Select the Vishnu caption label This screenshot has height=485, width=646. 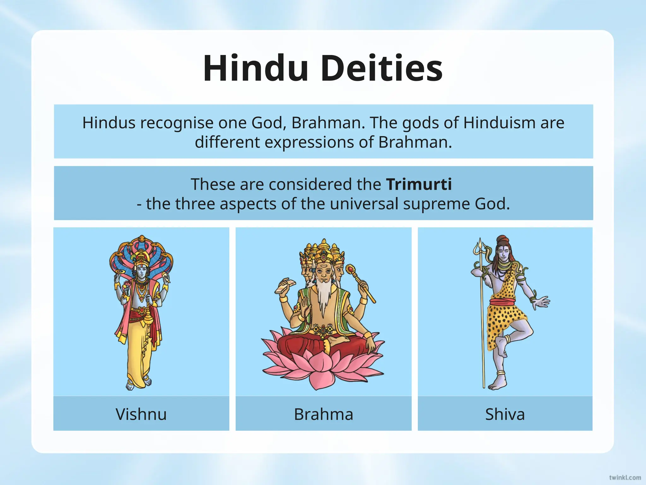coord(141,414)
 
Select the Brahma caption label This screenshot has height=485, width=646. coord(323,414)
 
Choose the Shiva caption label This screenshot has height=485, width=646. coord(505,414)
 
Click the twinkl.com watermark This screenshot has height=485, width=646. coord(625,477)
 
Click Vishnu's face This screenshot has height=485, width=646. coord(141,271)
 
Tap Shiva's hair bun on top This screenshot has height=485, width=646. coord(502,239)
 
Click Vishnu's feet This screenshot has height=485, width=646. coord(139,385)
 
